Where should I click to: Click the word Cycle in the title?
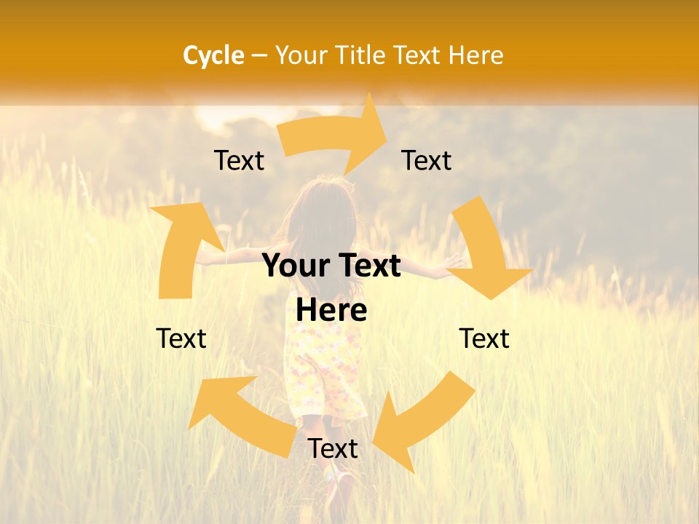click(x=213, y=55)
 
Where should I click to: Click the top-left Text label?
click(x=239, y=161)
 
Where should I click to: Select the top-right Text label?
click(x=427, y=161)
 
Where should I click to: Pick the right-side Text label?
click(x=484, y=338)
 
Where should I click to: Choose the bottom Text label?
click(x=333, y=449)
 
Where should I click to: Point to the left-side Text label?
click(x=181, y=338)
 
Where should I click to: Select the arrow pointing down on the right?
click(x=484, y=251)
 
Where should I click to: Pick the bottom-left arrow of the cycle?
click(x=240, y=415)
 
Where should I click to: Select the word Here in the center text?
click(x=331, y=311)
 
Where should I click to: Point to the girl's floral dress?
click(x=320, y=371)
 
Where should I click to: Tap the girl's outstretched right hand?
click(x=454, y=260)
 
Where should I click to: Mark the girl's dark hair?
click(x=320, y=211)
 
